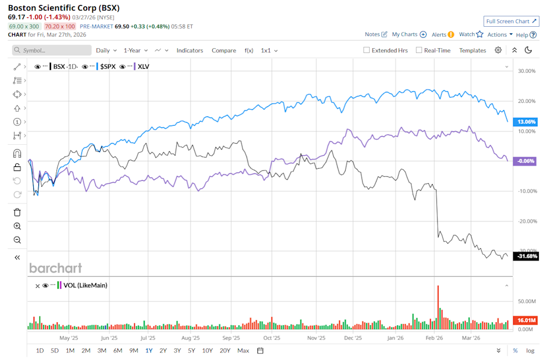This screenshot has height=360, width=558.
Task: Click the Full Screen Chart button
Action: (512, 22)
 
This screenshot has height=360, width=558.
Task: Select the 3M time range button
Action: (102, 351)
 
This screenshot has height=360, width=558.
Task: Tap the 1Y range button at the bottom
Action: (149, 351)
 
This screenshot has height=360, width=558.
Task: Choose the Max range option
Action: (243, 351)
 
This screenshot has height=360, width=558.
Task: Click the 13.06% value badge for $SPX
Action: (525, 122)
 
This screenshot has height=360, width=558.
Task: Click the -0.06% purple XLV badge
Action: (525, 161)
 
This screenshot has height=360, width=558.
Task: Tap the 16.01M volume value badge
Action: (525, 320)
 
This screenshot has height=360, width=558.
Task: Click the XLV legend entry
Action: (142, 67)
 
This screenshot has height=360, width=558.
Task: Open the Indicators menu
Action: (189, 51)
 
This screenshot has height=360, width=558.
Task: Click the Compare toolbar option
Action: (224, 51)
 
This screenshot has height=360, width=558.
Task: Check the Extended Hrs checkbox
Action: (367, 51)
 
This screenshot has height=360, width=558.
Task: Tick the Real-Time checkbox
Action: (419, 51)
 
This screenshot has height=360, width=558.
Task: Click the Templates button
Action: (473, 51)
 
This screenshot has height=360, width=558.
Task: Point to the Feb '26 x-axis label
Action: (435, 337)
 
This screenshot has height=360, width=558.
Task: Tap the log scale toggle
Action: (530, 351)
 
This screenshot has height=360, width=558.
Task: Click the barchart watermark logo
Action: (56, 268)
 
